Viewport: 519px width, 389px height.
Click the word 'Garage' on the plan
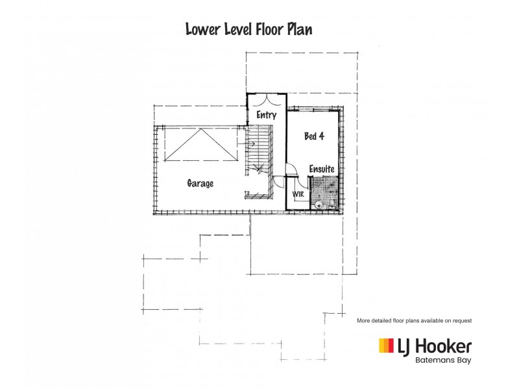(x=200, y=183)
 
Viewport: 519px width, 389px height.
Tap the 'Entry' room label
(x=266, y=115)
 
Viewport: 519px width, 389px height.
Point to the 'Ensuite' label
(x=322, y=169)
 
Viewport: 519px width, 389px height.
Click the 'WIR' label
(x=298, y=194)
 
